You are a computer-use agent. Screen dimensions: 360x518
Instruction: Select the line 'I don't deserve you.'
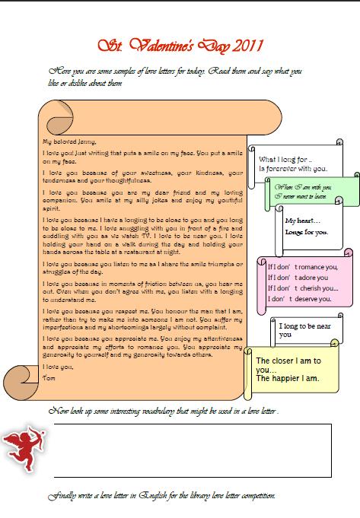[x=300, y=299]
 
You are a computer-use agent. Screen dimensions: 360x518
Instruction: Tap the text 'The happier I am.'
[x=288, y=378]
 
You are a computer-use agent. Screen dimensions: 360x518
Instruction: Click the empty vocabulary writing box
[x=190, y=449]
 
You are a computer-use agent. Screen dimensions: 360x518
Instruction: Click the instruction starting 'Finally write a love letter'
[x=161, y=496]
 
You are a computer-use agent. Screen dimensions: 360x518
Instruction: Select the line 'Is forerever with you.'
[x=293, y=168]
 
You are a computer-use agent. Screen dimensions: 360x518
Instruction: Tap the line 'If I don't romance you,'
[x=302, y=267]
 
